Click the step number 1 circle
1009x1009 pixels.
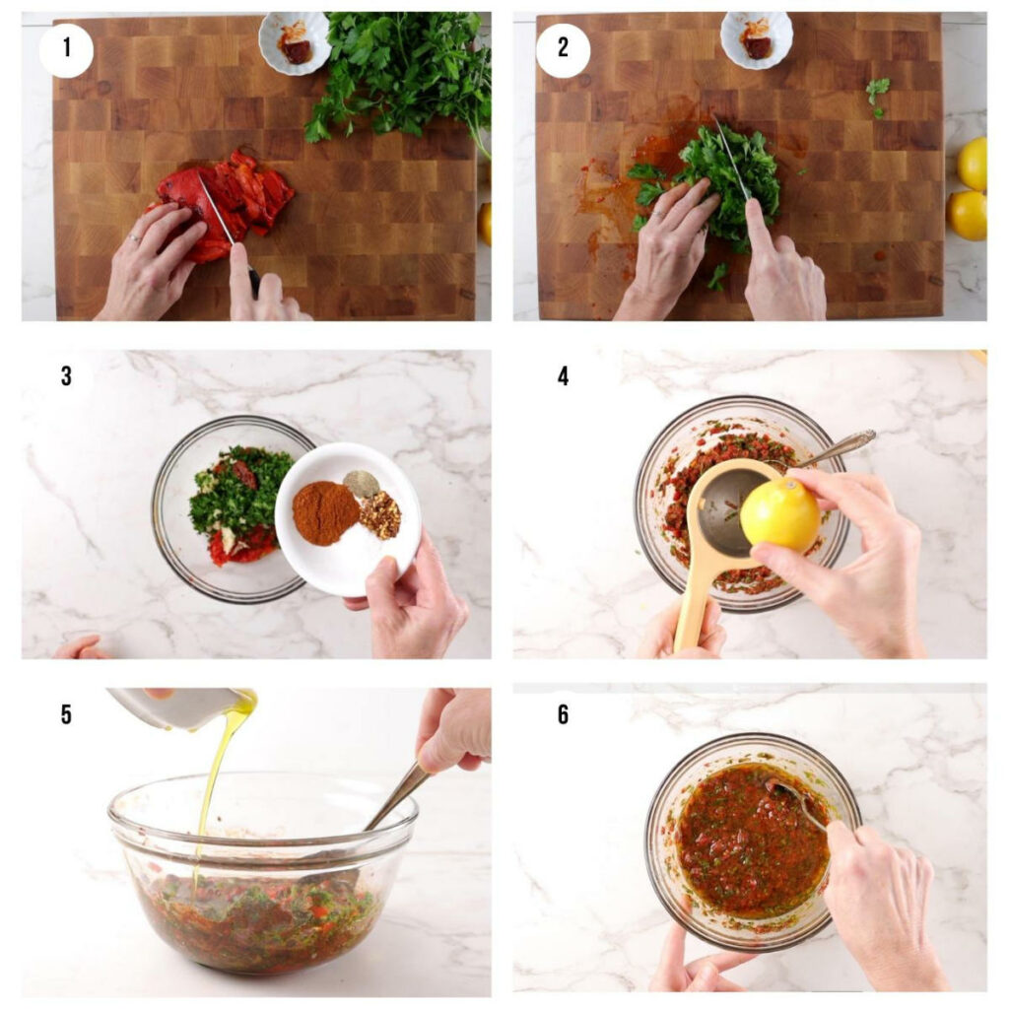[x=66, y=50]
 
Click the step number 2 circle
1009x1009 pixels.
[x=563, y=50]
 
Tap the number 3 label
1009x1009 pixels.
[x=66, y=376]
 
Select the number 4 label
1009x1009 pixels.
[x=563, y=376]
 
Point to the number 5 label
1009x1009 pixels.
[x=66, y=714]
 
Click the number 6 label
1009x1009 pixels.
[x=563, y=714]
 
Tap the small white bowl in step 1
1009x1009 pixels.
[x=294, y=41]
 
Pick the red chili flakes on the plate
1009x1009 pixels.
[x=379, y=515]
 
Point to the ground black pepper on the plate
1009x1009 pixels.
[x=360, y=483]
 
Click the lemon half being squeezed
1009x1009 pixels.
[x=779, y=514]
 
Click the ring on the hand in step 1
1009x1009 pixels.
[x=131, y=239]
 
